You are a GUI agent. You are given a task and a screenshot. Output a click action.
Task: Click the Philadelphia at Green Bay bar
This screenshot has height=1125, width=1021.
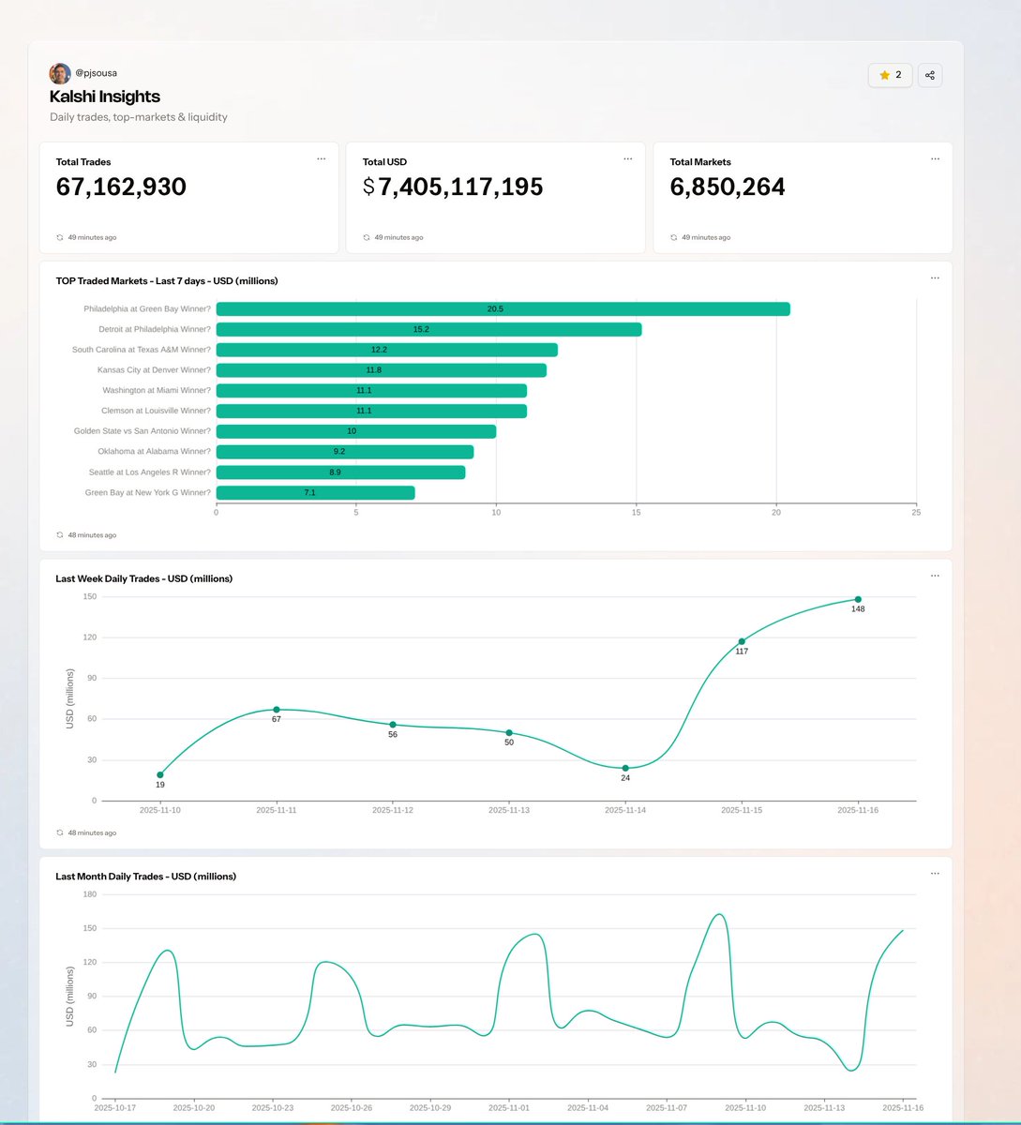point(503,309)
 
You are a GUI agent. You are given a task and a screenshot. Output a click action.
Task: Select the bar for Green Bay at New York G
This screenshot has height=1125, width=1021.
point(315,493)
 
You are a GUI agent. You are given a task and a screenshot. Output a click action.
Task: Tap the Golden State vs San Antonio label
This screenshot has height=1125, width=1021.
point(143,431)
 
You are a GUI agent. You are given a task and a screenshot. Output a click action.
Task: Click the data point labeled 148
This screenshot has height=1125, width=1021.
point(858,599)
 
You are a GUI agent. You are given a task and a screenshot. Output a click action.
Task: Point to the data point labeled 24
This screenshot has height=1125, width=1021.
point(625,768)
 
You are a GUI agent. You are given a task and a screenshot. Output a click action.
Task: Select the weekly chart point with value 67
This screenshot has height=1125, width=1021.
point(277,710)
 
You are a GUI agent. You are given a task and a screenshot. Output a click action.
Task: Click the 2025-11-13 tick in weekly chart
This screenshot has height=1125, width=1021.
point(509,810)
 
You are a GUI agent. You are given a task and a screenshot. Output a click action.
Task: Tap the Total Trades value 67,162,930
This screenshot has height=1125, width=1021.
point(121,187)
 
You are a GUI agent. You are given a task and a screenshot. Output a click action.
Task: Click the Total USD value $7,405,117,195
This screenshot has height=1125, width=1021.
point(453,187)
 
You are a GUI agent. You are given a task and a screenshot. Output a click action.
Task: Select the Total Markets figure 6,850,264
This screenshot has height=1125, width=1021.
point(728,187)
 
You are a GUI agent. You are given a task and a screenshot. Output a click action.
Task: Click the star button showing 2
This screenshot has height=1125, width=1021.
point(891,75)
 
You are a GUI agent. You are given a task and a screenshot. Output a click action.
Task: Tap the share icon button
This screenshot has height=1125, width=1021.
point(929,75)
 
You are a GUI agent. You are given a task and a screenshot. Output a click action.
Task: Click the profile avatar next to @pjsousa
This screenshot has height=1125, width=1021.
point(60,73)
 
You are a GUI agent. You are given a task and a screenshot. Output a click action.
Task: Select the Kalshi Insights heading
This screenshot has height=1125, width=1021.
point(105,97)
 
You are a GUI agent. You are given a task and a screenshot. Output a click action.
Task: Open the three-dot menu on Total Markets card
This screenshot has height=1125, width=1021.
point(935,159)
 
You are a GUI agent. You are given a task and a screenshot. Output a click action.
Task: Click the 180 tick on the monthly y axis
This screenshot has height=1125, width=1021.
point(90,894)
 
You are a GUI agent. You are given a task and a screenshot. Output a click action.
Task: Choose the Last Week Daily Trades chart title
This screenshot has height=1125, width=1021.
point(144,578)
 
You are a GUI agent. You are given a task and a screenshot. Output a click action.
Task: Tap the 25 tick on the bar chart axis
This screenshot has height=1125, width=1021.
point(916,513)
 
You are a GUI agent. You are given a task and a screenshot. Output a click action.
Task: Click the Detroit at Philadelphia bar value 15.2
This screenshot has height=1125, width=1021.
point(421,330)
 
